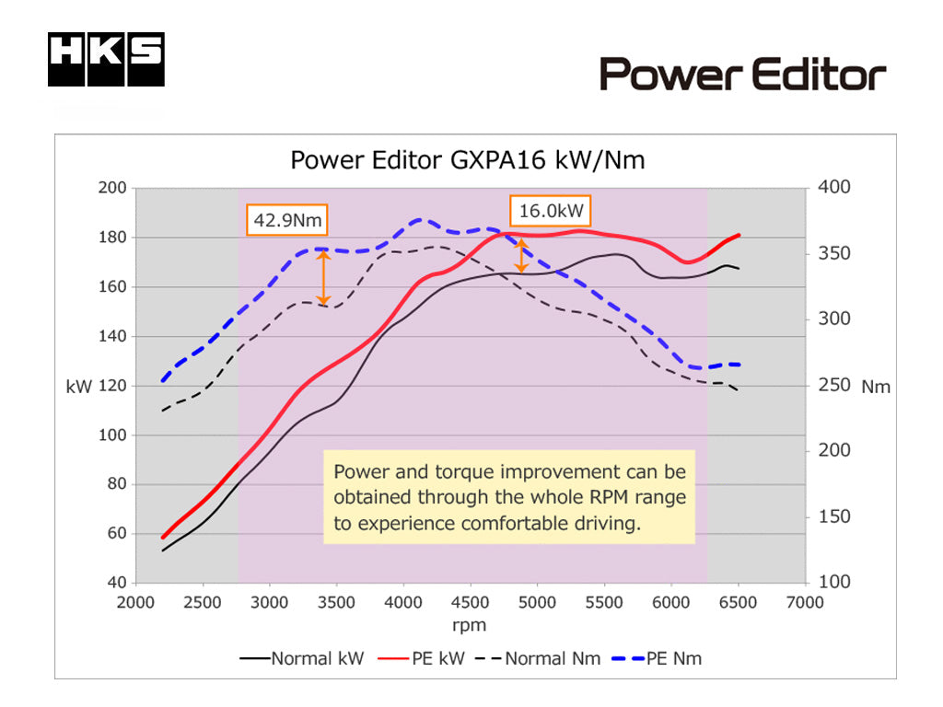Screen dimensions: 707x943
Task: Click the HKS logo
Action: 106,60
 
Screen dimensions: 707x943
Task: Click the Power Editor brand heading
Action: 742,74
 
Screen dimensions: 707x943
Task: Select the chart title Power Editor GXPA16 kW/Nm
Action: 468,160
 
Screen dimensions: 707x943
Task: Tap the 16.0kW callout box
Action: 551,211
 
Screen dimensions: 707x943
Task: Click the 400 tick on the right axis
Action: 833,188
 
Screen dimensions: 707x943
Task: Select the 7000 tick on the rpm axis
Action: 805,603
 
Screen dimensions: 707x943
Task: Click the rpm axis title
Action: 470,625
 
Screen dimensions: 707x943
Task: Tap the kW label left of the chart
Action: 79,387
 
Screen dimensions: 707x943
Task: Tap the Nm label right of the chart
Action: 876,387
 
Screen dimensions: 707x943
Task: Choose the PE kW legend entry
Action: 426,658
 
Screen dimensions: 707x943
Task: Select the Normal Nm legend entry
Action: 542,658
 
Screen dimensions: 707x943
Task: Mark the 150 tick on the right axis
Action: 833,517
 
